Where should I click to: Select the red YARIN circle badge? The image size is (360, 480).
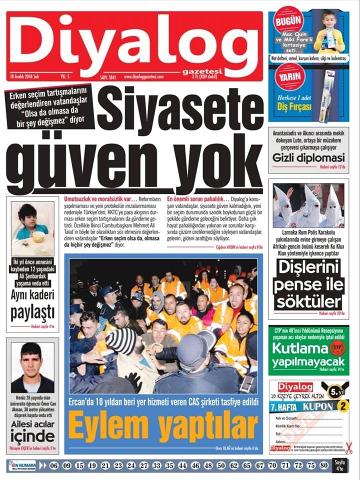pos(289,79)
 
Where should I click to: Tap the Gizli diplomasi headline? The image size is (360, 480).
pos(308,158)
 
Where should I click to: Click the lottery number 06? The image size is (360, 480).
pos(54,465)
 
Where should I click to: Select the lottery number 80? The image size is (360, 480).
pos(323,465)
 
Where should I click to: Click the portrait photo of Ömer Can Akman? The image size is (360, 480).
pos(32,367)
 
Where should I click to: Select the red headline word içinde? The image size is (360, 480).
pos(32,437)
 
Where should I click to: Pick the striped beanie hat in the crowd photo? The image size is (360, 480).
pos(120,341)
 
